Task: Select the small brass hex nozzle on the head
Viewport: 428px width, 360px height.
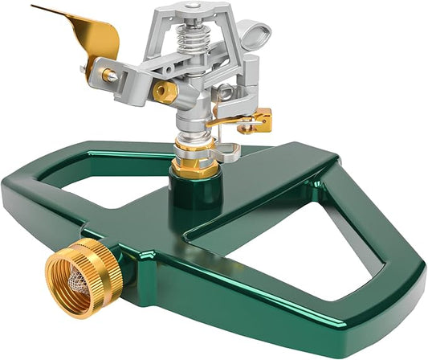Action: pyautogui.click(x=165, y=90)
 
